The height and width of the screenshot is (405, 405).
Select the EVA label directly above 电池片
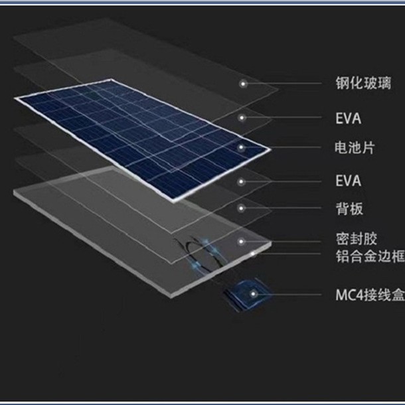coord(349,120)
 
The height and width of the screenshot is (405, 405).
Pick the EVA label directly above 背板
coord(349,180)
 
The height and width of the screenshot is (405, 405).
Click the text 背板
coord(349,208)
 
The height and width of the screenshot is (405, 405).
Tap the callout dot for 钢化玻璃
coord(243,84)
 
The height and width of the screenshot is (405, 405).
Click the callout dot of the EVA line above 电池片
coord(243,118)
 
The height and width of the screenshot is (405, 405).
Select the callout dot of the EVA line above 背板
coord(243,179)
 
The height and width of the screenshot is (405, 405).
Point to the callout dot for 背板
coord(243,208)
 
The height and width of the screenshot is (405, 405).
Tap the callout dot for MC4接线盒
coord(253,292)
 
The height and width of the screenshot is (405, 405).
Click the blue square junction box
coord(243,297)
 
